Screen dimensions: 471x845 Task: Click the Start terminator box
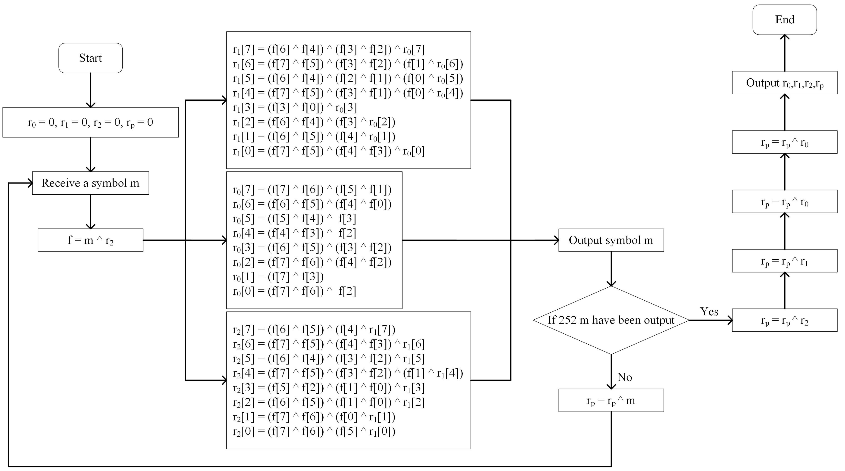coord(91,58)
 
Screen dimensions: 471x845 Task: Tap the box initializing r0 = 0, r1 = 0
coord(91,122)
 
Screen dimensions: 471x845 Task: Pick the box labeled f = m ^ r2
coord(91,240)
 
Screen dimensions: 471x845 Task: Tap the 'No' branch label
coord(625,377)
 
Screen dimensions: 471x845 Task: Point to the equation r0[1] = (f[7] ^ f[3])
coord(278,277)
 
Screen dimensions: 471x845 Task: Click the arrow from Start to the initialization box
coord(91,90)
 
